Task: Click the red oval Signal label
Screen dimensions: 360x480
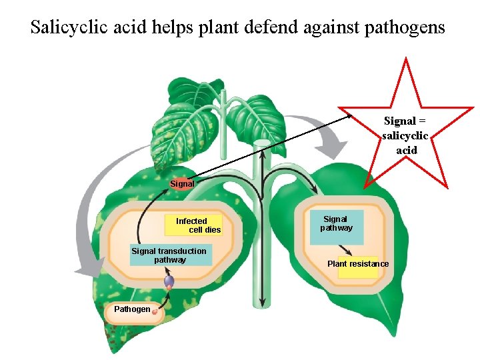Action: point(181,183)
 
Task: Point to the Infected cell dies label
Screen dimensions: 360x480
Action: point(197,225)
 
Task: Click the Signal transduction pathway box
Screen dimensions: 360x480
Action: point(169,255)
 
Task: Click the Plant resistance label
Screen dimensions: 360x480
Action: point(358,264)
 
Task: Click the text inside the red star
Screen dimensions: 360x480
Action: point(406,136)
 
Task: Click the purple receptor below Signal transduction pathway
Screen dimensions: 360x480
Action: point(169,282)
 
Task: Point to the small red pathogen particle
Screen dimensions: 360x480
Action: point(155,311)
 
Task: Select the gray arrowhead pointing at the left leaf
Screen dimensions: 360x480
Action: point(83,271)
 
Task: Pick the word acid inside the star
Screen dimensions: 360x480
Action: point(406,151)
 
